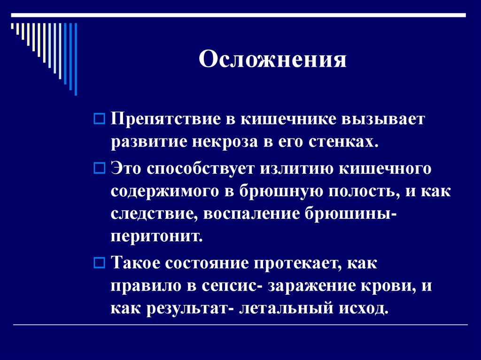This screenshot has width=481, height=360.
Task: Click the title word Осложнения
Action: [272, 60]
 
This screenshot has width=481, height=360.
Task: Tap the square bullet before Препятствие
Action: [99, 119]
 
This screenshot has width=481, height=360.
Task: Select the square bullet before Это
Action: [99, 168]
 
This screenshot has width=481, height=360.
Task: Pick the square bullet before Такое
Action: [99, 263]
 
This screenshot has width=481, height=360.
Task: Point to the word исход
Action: [363, 309]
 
